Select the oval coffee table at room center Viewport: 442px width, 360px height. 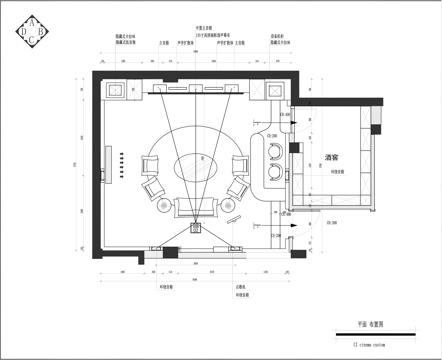tap(194, 165)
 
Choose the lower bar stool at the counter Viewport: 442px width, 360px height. tap(273, 172)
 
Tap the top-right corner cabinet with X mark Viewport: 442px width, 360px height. tap(273, 89)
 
